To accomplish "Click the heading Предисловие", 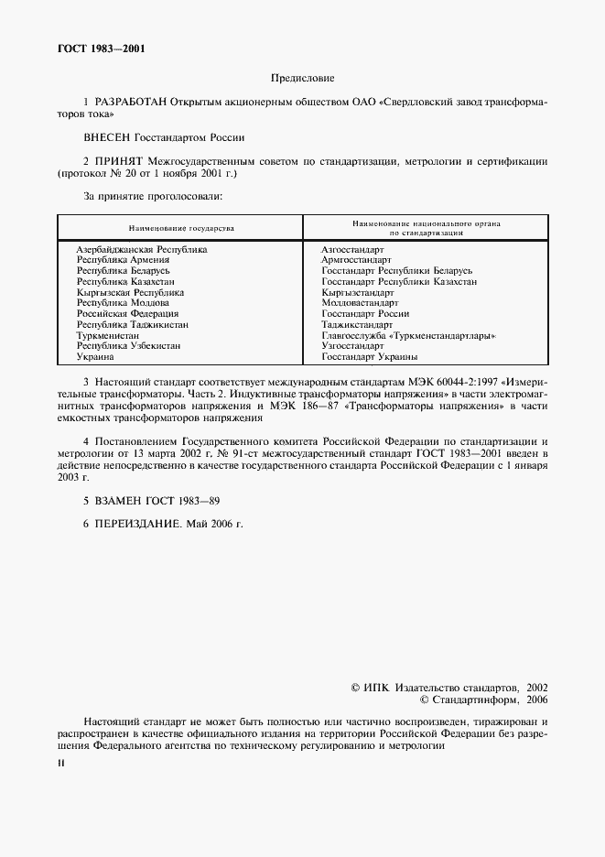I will pos(302,80).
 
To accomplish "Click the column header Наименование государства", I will pos(180,227).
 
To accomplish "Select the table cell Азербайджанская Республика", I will pos(142,249).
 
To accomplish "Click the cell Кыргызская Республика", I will pos(130,292).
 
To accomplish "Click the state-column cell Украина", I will pos(96,357).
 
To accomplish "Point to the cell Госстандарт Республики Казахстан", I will pos(399,282).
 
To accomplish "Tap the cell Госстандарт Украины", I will pos(370,357).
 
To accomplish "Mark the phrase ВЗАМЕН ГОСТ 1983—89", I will pos(157,501).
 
